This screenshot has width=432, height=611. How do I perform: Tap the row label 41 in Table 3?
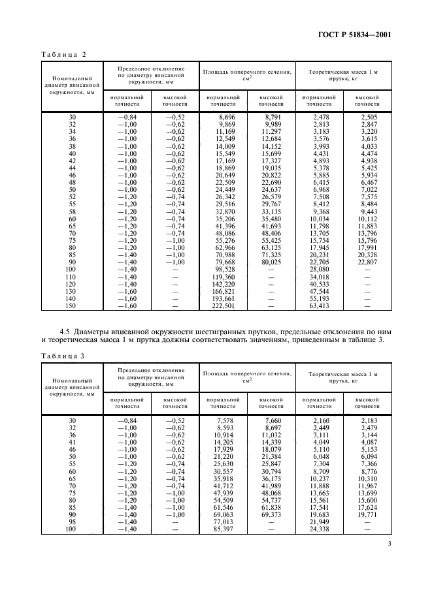[x=71, y=443]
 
